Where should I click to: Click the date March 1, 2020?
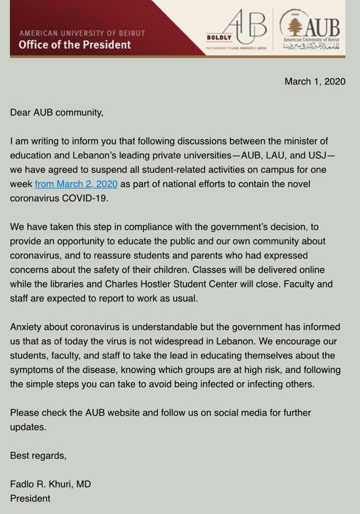[315, 82]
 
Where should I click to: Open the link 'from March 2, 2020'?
[76, 184]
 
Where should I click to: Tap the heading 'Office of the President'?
[75, 45]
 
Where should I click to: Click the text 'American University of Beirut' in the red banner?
[82, 33]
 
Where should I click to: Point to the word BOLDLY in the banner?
[219, 38]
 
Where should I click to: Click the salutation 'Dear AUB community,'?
[56, 113]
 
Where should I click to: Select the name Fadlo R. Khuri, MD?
[50, 484]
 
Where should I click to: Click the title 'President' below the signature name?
[30, 499]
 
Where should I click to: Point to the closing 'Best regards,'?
[38, 455]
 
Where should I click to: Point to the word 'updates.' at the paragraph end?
[28, 427]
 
